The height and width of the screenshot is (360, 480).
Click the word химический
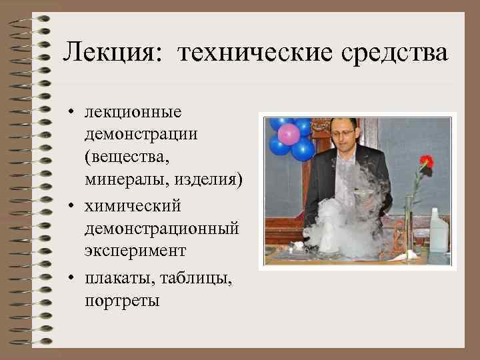tap(133, 205)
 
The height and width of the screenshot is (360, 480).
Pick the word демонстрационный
tap(161, 229)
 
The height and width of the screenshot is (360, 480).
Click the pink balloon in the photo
tap(289, 134)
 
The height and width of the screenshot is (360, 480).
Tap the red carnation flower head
tap(426, 161)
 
